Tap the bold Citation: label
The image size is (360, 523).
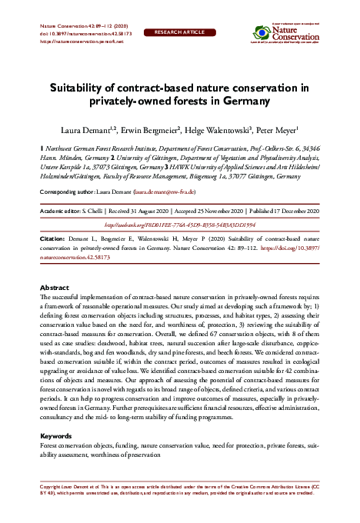pos(52,241)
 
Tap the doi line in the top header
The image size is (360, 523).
pos(75,35)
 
